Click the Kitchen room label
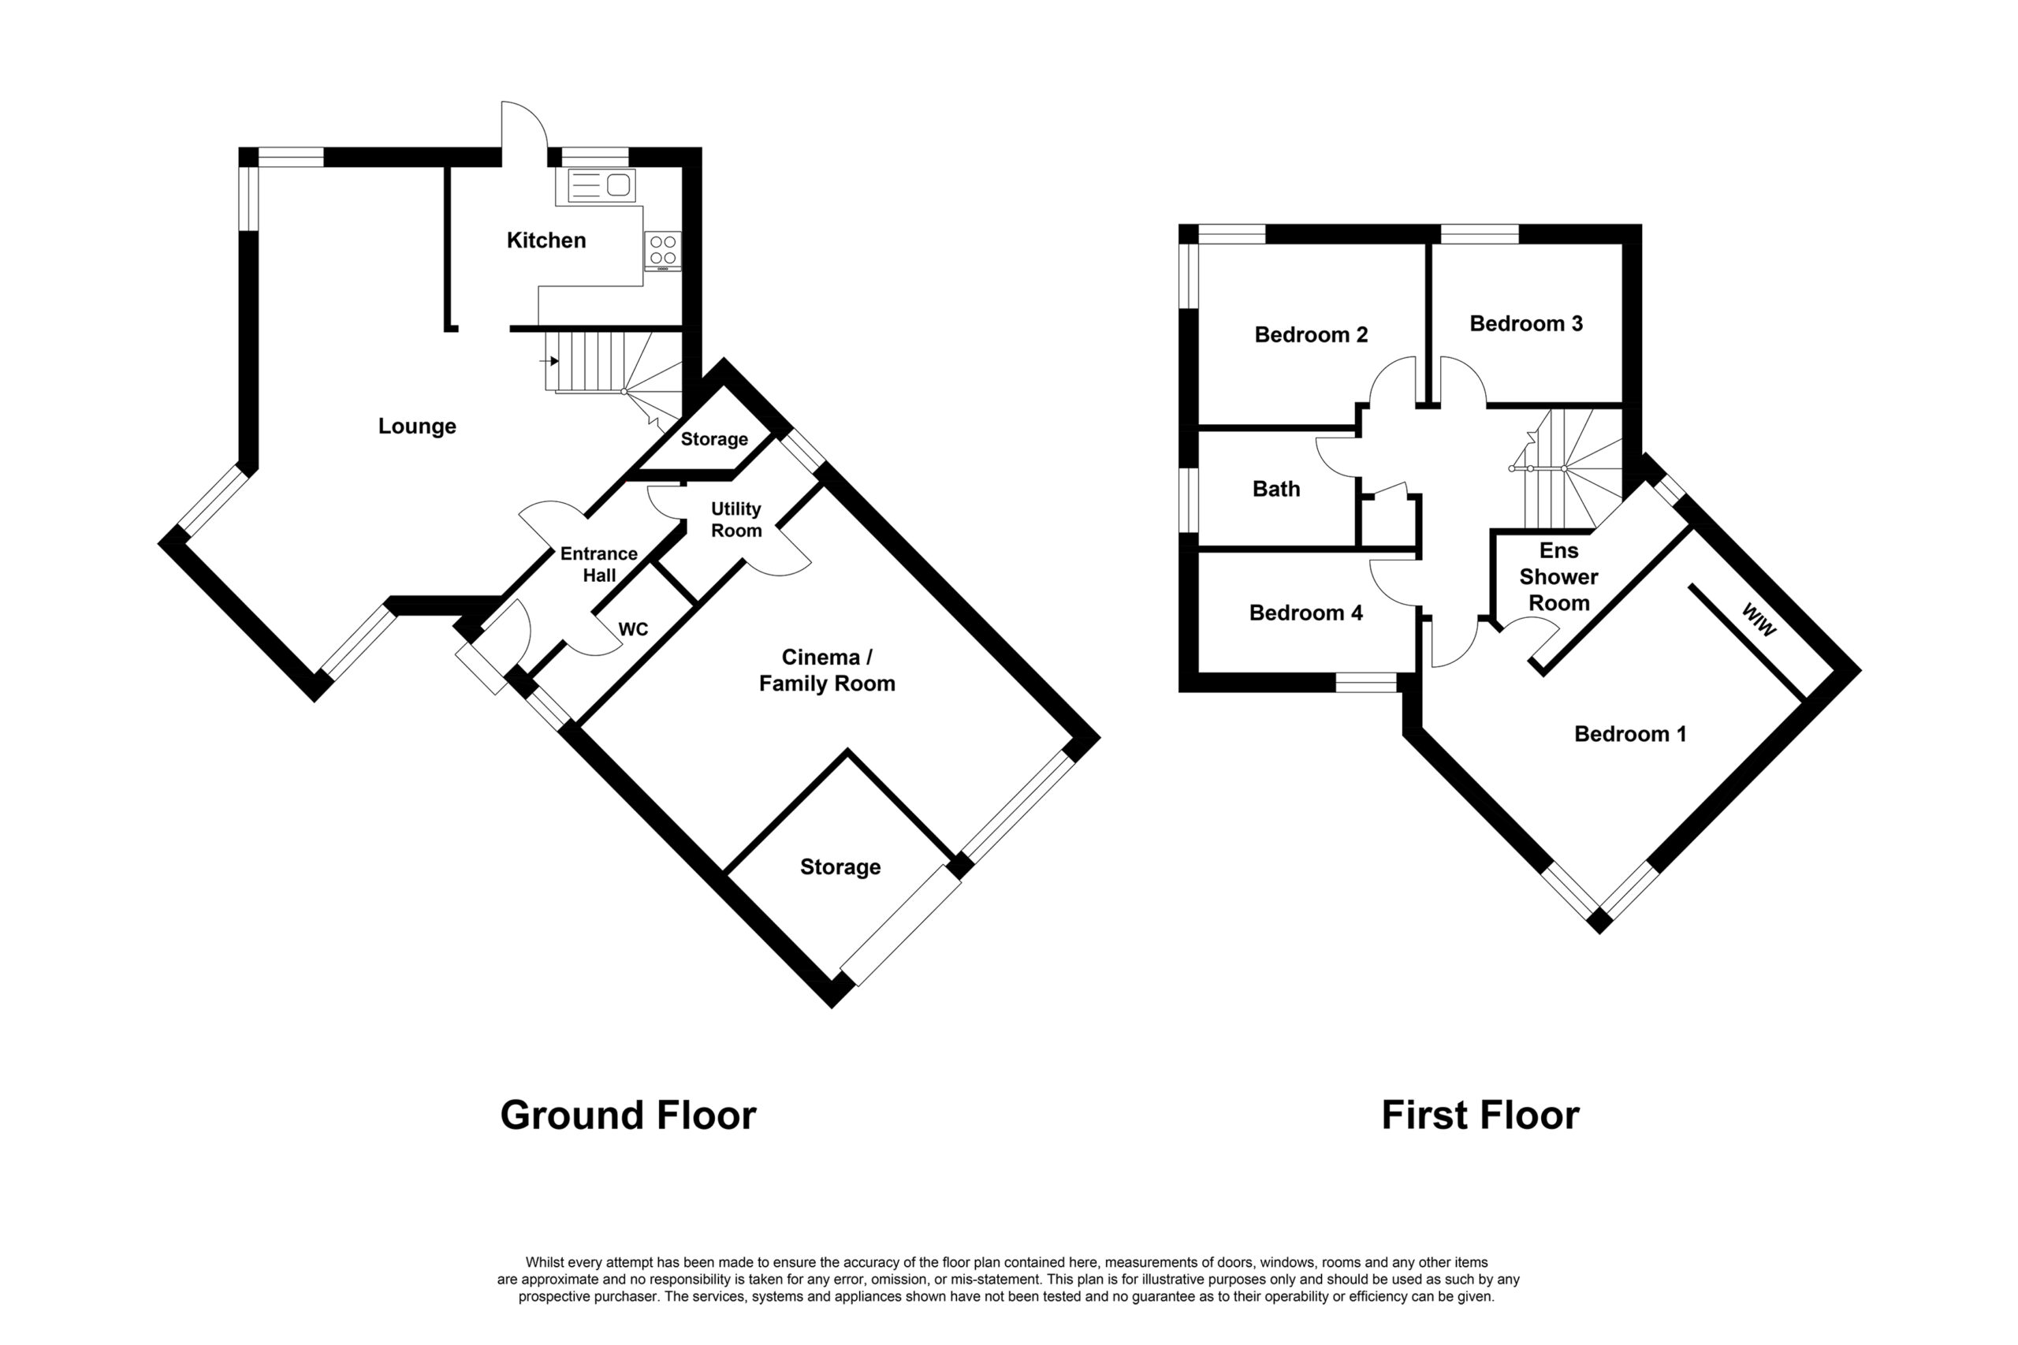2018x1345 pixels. [545, 240]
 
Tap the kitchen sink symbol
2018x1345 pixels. [601, 185]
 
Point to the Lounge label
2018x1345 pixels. [417, 427]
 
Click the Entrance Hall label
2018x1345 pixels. [598, 564]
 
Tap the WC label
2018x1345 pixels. [633, 630]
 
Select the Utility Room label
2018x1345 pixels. [735, 520]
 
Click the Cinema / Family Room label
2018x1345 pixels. [827, 670]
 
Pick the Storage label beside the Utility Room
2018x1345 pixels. [713, 439]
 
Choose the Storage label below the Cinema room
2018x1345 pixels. [840, 867]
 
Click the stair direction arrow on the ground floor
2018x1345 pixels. [549, 361]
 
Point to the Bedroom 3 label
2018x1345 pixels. [1526, 323]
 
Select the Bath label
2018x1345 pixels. [1276, 489]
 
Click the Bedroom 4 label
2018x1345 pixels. [1305, 613]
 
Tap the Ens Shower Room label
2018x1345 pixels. [1558, 576]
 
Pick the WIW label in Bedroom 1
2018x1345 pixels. [1758, 620]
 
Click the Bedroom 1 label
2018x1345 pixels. [1630, 734]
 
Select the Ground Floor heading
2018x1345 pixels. [627, 1115]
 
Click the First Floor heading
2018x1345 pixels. [1480, 1115]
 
